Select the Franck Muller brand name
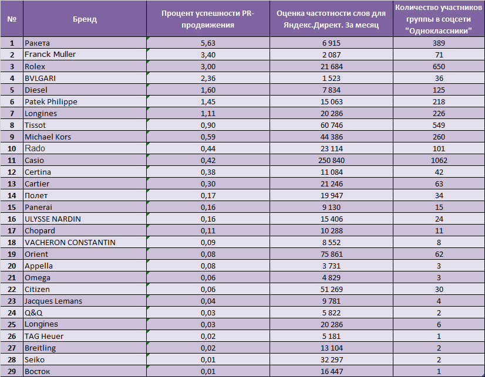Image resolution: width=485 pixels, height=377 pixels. pos(50,55)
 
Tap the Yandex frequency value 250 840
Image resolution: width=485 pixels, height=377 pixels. pos(331,160)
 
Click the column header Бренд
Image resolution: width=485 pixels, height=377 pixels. pos(85,19)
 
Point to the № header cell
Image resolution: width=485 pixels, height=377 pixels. pos(12,19)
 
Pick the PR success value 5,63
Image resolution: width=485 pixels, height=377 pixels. pos(208,43)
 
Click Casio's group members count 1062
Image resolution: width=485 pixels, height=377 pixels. pos(439,160)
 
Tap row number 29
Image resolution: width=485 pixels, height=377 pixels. pos(12,372)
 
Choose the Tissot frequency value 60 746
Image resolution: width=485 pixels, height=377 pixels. pos(332,125)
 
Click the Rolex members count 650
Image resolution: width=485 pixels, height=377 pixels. pos(439,66)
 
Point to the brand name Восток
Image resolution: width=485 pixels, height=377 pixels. pos(37,372)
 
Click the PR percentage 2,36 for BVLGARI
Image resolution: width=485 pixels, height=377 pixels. pos(208,78)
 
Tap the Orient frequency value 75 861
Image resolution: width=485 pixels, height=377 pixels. pos(332,254)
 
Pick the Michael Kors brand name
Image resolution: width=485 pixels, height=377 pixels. pos(48,137)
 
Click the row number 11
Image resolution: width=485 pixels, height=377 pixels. pos(12,160)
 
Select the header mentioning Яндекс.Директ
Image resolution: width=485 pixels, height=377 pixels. pos(331,19)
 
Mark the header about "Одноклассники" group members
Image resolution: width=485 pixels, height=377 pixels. pos(439,19)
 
